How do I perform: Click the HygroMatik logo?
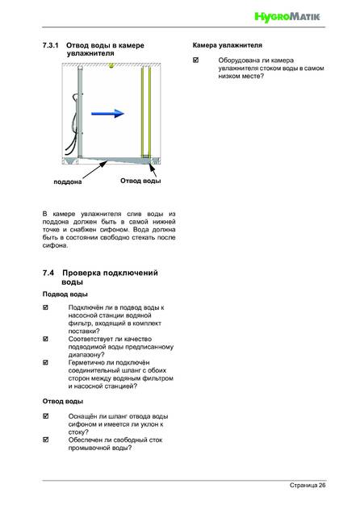tap(287, 17)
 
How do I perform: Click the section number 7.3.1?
tap(50, 45)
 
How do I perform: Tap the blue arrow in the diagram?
tap(107, 113)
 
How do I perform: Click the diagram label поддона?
tap(68, 181)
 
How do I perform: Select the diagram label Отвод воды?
tap(140, 181)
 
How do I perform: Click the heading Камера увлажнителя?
tap(227, 45)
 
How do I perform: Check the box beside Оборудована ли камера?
tap(195, 60)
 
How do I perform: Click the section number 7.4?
tap(48, 273)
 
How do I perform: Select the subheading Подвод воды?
tap(65, 294)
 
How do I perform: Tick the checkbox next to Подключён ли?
tap(45, 307)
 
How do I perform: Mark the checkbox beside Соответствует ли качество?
tap(45, 339)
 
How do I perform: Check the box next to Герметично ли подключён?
tap(45, 362)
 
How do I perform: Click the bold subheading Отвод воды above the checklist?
tap(63, 401)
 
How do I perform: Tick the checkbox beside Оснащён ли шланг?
tap(45, 416)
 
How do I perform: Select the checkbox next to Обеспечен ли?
tap(45, 440)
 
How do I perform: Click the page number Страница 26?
tap(308, 486)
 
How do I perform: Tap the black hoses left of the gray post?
tap(72, 124)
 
